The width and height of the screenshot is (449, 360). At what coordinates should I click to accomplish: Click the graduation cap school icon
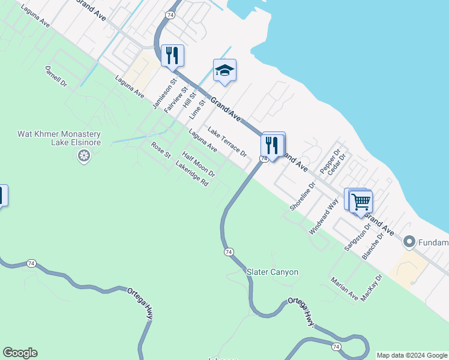click(224, 71)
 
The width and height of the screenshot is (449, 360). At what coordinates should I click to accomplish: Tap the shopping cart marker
click(361, 202)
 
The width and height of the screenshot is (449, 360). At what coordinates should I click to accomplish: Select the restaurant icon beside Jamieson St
click(172, 56)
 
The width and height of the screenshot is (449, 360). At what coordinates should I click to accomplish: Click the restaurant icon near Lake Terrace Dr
click(272, 145)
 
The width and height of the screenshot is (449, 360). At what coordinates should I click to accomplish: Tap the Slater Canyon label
click(273, 272)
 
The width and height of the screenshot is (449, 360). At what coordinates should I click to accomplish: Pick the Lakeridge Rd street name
click(192, 174)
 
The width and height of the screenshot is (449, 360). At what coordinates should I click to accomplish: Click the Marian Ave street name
click(344, 289)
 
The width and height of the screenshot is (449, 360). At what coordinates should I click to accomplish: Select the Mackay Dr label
click(372, 289)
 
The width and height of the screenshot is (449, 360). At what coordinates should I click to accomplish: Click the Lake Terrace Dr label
click(228, 142)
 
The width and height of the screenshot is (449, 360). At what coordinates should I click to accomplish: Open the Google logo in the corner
click(20, 353)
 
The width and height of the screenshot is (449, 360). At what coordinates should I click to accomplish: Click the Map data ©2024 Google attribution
click(412, 355)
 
